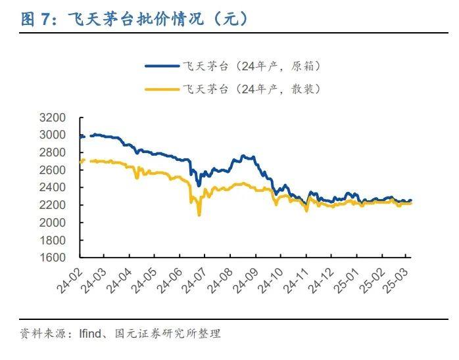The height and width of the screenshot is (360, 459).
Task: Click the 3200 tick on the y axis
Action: tap(55, 118)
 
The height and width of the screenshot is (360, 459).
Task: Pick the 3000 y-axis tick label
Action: tap(55, 135)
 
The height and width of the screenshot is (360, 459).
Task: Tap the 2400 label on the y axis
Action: tap(55, 187)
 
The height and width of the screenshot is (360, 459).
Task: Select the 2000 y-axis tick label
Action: tap(55, 222)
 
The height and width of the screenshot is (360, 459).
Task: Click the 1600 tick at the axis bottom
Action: tap(55, 257)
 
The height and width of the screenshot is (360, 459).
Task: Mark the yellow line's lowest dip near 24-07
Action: tap(199, 215)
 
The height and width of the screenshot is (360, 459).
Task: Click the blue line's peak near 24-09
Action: tap(245, 156)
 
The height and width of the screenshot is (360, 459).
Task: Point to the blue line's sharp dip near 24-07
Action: tap(199, 185)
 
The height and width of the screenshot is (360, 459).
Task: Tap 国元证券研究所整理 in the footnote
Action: tap(167, 334)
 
